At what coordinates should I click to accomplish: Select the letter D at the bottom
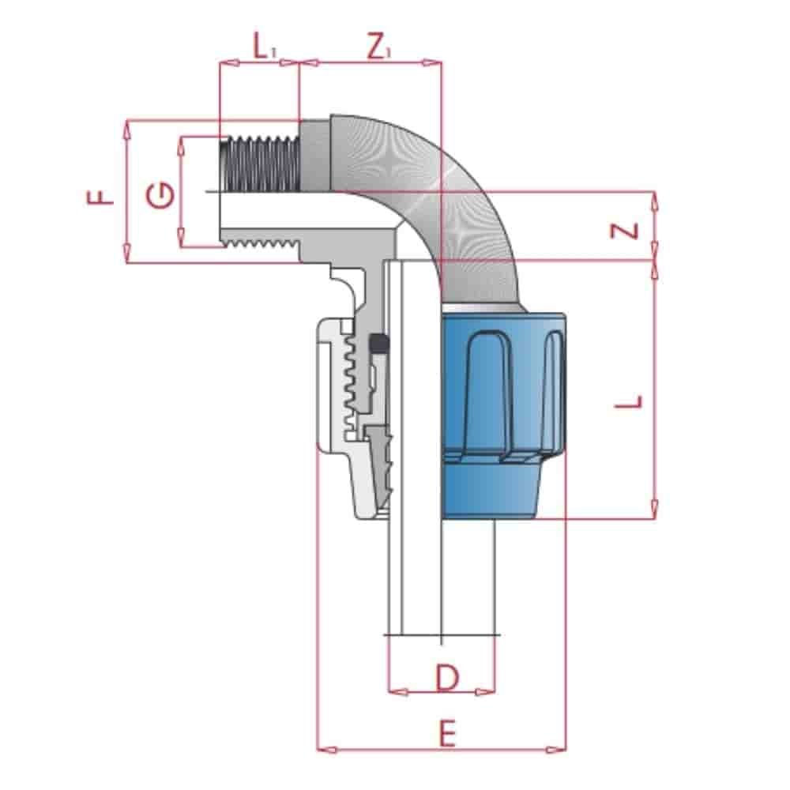pyautogui.click(x=447, y=677)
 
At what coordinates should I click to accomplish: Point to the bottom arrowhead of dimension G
pyautogui.click(x=181, y=241)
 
